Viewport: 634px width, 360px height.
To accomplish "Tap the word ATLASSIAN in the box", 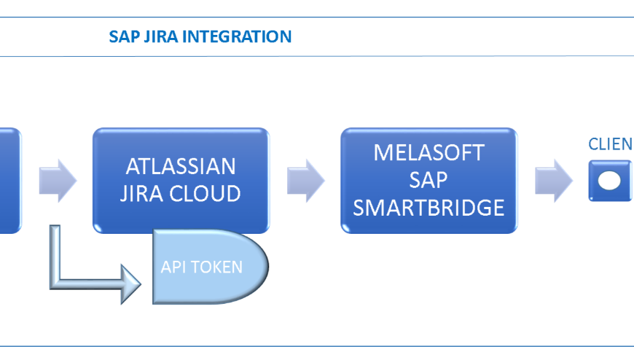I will tap(181, 166).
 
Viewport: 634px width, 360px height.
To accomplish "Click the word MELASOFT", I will tap(428, 153).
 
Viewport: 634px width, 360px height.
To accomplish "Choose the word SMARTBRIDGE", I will tap(428, 207).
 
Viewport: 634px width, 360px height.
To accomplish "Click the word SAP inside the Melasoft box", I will tap(428, 180).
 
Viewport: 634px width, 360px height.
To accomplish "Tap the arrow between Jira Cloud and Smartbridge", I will tap(305, 180).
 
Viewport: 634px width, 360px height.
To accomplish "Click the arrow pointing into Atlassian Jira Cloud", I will tap(58, 180).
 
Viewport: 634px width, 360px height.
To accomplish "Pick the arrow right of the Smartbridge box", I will tap(553, 180).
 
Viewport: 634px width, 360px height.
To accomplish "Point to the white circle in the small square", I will tap(609, 180).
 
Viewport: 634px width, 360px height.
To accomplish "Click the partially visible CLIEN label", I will tap(610, 144).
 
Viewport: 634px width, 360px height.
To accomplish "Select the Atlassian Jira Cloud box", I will tap(181, 145).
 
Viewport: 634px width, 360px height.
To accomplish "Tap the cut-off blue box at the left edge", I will tap(9, 180).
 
